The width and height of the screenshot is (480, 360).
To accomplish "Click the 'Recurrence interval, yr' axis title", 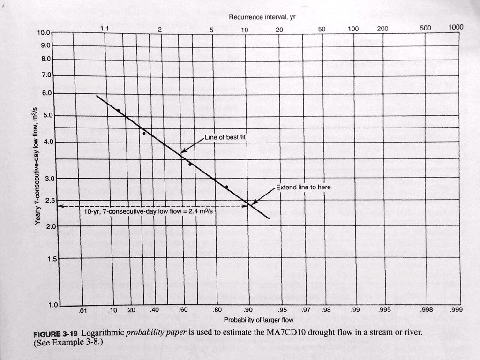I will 262,17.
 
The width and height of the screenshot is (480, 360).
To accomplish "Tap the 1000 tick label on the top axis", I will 456,27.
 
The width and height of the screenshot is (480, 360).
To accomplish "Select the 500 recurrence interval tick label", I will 425,28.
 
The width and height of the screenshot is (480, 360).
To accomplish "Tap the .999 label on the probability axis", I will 456,309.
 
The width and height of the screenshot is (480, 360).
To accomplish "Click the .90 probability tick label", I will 248,309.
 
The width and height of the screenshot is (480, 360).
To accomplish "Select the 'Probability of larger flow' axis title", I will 258,320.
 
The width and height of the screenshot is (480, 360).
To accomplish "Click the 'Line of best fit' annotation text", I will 222,137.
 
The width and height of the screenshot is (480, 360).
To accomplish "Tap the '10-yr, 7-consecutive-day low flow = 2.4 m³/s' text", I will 148,211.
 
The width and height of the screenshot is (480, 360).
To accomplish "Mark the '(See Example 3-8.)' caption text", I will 68,342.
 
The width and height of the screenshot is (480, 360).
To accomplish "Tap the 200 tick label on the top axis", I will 382,29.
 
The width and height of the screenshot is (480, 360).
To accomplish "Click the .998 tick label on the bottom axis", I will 427,309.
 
